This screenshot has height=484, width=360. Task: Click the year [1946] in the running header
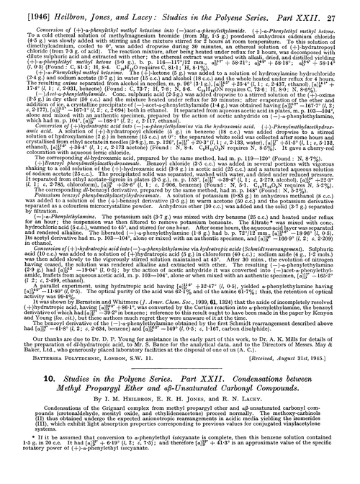(x=22, y=7)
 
